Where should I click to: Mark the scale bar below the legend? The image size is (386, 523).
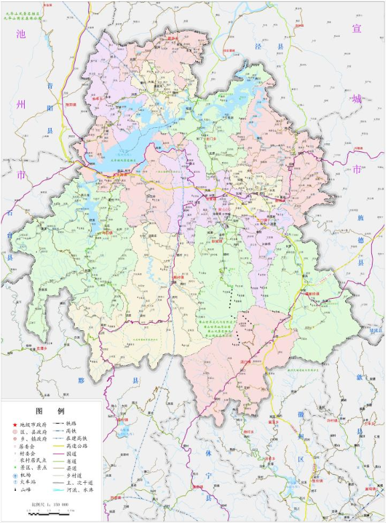tap(50, 512)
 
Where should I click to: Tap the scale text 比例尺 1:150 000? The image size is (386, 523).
tap(51, 504)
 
